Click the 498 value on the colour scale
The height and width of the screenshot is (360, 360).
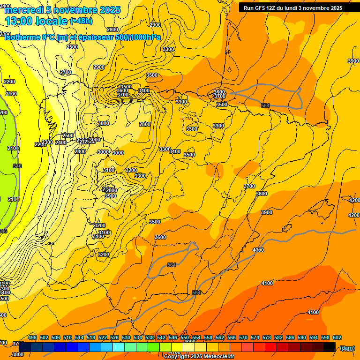[32, 337]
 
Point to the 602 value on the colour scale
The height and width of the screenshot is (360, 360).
[337, 337]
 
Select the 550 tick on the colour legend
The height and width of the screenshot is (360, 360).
[185, 337]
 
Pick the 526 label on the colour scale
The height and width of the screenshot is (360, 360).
[114, 337]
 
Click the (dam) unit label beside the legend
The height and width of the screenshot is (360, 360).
[347, 347]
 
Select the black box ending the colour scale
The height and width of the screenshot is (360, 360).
[330, 347]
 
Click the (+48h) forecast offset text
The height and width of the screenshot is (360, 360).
[82, 21]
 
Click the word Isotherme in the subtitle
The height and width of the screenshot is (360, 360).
[22, 37]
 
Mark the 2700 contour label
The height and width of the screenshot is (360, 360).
[66, 72]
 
